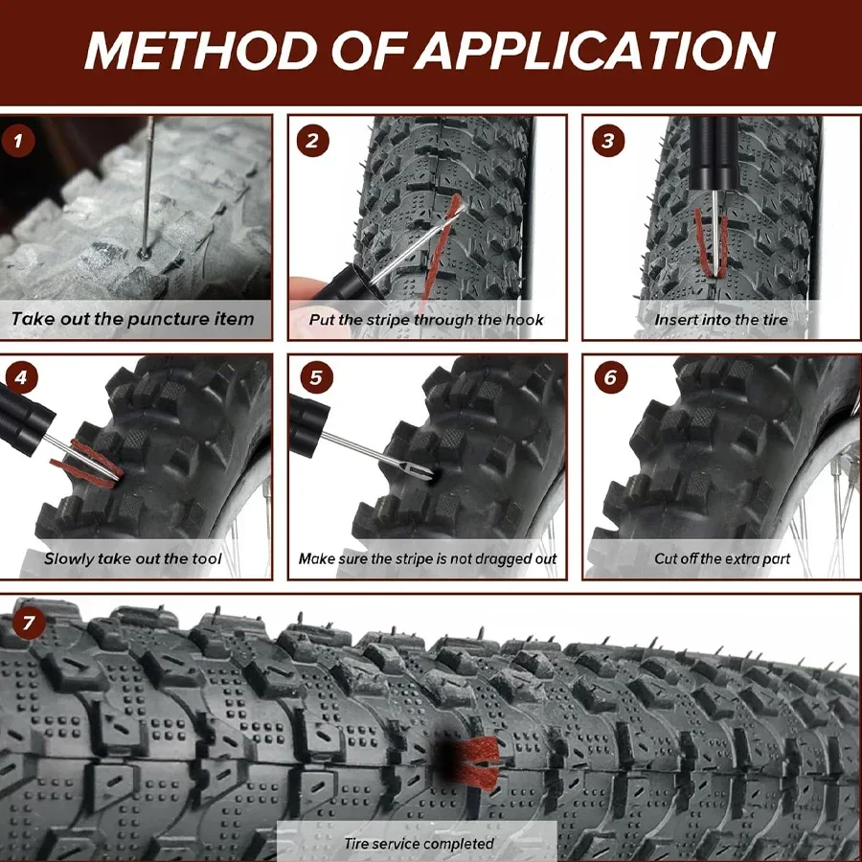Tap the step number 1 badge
click(x=20, y=142)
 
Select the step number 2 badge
click(x=311, y=142)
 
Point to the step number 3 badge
click(x=607, y=142)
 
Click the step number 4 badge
click(x=20, y=377)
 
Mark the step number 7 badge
click(x=30, y=624)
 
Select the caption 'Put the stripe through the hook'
click(x=426, y=320)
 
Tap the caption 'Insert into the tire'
click(x=720, y=320)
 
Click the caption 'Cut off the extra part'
click(x=722, y=558)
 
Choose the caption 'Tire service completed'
click(x=419, y=844)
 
